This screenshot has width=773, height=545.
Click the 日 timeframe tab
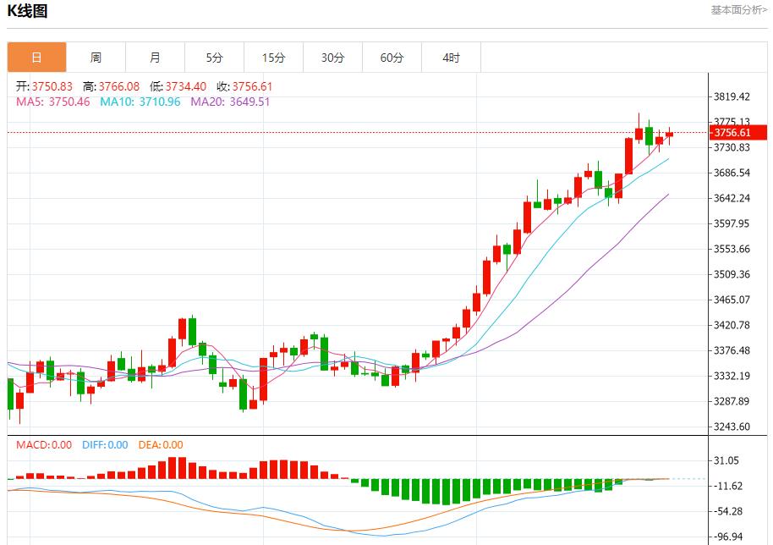coord(36,58)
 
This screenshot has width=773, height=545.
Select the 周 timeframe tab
coord(96,58)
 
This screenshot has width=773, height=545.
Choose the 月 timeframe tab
coord(155,58)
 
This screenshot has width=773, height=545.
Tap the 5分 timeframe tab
coord(214,58)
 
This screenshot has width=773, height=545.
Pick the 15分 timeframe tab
coord(273,58)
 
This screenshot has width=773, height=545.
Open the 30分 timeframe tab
coord(332,58)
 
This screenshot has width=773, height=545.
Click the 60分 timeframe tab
coord(392,58)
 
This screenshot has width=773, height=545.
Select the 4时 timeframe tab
coord(451,58)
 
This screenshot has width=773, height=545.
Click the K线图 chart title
coord(27,11)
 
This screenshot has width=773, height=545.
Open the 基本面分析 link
coord(738,10)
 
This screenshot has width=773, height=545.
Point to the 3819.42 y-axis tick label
coord(732,96)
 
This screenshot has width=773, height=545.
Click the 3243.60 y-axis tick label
coord(732,427)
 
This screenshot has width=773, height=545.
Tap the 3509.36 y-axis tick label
coord(732,274)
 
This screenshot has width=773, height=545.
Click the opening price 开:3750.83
coord(45,86)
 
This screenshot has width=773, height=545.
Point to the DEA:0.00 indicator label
coord(160,444)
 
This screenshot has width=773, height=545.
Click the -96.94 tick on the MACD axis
coord(728,537)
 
